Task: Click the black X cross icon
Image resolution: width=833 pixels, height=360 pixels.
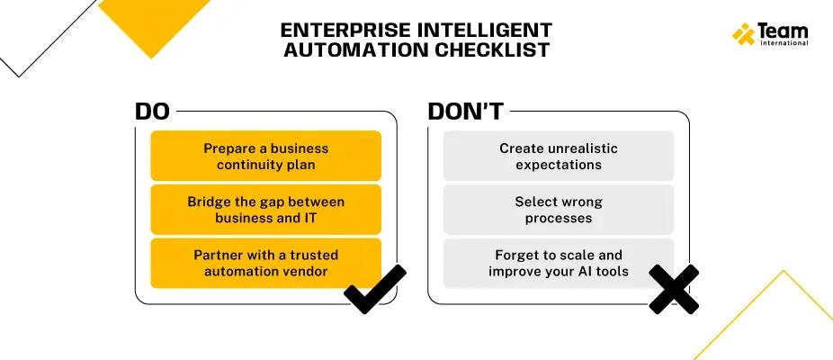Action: (673, 290)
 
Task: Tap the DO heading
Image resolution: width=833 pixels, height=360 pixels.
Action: (152, 112)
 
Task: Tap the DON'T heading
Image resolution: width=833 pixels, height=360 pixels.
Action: (465, 112)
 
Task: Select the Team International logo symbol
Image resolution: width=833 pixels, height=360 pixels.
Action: (743, 34)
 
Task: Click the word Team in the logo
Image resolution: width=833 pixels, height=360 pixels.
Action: (783, 31)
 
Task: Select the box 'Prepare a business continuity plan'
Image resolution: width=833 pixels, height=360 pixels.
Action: (265, 156)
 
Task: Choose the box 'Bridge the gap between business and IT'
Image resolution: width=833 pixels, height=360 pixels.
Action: (265, 209)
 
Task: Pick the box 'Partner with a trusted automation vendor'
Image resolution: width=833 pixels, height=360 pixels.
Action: (265, 263)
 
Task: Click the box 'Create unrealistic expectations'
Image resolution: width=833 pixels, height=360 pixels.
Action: (559, 156)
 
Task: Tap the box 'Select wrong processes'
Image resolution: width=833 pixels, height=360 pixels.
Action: (559, 209)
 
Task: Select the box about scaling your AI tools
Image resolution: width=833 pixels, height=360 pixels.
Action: (559, 263)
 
